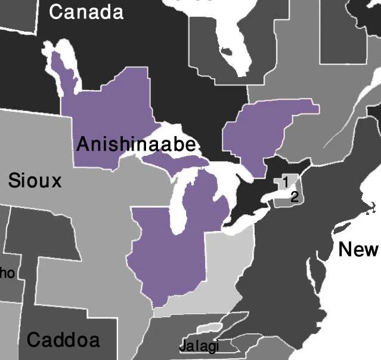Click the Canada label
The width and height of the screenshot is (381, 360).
[x=86, y=12]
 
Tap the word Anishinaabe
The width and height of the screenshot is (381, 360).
[x=136, y=145]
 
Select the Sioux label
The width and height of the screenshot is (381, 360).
[x=35, y=180]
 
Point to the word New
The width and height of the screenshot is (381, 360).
[x=358, y=249]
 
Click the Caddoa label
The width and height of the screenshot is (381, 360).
[x=63, y=340]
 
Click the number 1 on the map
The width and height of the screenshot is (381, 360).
[x=286, y=180]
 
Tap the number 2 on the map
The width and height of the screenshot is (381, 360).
[x=294, y=197]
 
